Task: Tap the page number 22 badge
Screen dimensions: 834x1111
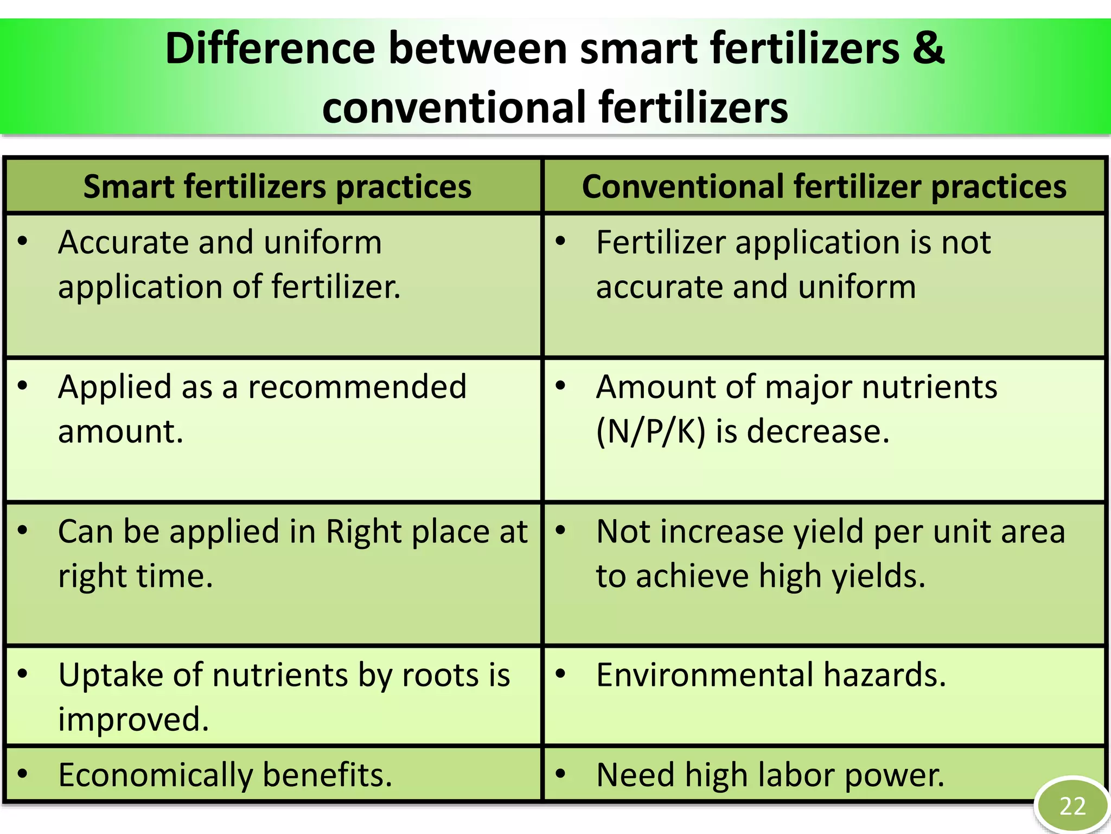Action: pyautogui.click(x=1072, y=806)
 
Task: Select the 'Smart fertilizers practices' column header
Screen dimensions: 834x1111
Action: pyautogui.click(x=277, y=186)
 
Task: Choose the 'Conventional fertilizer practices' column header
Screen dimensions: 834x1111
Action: pyautogui.click(x=824, y=186)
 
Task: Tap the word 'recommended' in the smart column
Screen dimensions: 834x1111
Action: pyautogui.click(x=357, y=387)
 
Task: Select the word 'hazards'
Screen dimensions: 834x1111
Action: pyautogui.click(x=884, y=674)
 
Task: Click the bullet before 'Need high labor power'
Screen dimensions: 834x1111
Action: pyautogui.click(x=561, y=773)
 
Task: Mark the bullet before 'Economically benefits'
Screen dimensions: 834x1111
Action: pyautogui.click(x=22, y=773)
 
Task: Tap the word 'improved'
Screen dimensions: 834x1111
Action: pyautogui.click(x=133, y=719)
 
